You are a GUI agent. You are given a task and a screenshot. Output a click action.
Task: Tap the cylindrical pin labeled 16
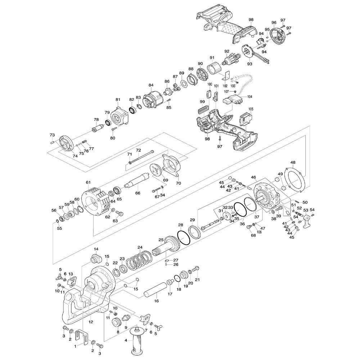[156, 290]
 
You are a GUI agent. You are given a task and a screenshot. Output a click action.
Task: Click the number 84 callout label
[151, 85]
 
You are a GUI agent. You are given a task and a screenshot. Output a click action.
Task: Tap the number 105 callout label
[251, 109]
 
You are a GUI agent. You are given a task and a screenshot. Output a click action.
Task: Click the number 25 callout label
[161, 239]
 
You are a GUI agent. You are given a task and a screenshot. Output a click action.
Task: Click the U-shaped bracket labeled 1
[82, 337]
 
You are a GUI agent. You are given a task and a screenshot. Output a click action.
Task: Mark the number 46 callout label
[253, 177]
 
